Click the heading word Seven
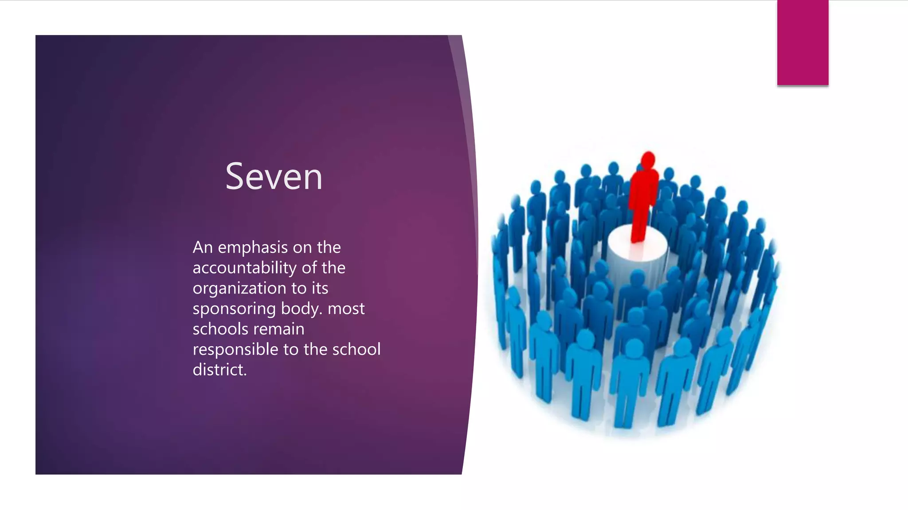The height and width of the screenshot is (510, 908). tap(274, 177)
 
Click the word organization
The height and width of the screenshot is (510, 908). tap(239, 289)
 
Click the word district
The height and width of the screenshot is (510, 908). tap(219, 370)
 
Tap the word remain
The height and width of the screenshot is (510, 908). tap(285, 329)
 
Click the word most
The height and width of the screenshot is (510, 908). tap(346, 309)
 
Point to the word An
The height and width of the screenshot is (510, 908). tap(203, 247)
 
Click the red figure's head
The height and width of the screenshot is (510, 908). tap(648, 160)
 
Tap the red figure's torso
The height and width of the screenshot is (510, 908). tap(642, 190)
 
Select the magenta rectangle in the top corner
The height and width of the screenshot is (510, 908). tap(802, 42)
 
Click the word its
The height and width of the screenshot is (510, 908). tap(320, 288)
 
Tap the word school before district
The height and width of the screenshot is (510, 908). tap(356, 349)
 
